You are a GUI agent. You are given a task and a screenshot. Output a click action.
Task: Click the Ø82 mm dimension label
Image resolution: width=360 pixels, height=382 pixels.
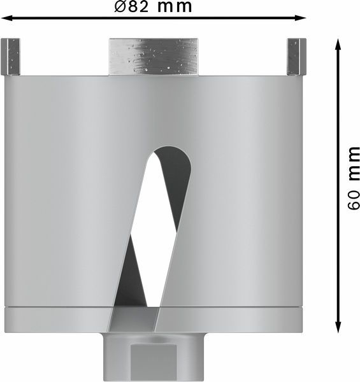154,7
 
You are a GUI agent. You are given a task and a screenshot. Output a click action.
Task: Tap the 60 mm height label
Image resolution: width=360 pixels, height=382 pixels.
354,178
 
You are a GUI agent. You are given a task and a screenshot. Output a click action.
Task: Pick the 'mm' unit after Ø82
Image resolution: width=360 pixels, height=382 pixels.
174,7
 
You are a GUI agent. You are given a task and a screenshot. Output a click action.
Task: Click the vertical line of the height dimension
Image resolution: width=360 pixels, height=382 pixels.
338,185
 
